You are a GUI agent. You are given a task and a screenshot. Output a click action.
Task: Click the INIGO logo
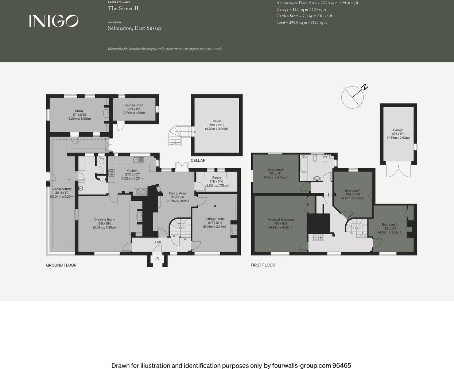(x=54, y=21)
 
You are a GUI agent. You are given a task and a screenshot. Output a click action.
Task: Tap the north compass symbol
(x=353, y=97)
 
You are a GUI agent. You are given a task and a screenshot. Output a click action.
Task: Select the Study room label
(x=79, y=111)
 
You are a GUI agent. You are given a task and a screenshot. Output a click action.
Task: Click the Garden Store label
(x=134, y=105)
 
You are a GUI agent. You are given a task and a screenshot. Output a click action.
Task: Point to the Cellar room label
(x=217, y=121)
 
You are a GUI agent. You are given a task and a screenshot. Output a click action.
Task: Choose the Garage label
(x=398, y=130)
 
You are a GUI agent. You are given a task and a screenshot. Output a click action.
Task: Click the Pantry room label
(x=217, y=178)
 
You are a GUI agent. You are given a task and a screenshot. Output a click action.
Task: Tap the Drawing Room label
(x=105, y=220)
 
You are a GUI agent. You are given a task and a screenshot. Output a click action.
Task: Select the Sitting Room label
(x=214, y=219)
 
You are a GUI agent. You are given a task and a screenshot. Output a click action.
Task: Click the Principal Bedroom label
(x=280, y=220)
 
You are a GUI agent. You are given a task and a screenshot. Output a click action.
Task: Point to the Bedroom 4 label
(x=353, y=191)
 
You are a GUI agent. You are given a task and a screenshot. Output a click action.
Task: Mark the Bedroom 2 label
(x=389, y=224)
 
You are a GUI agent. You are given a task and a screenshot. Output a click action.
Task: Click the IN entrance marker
(x=157, y=258)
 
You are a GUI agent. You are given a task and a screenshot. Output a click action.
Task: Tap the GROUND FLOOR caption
(x=61, y=265)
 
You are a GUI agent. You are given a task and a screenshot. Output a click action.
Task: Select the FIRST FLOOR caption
(x=263, y=265)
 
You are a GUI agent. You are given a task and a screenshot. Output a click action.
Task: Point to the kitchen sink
(x=138, y=159)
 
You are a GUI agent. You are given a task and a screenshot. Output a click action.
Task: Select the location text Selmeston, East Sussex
(x=135, y=28)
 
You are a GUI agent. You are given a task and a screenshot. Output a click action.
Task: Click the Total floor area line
(x=302, y=23)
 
